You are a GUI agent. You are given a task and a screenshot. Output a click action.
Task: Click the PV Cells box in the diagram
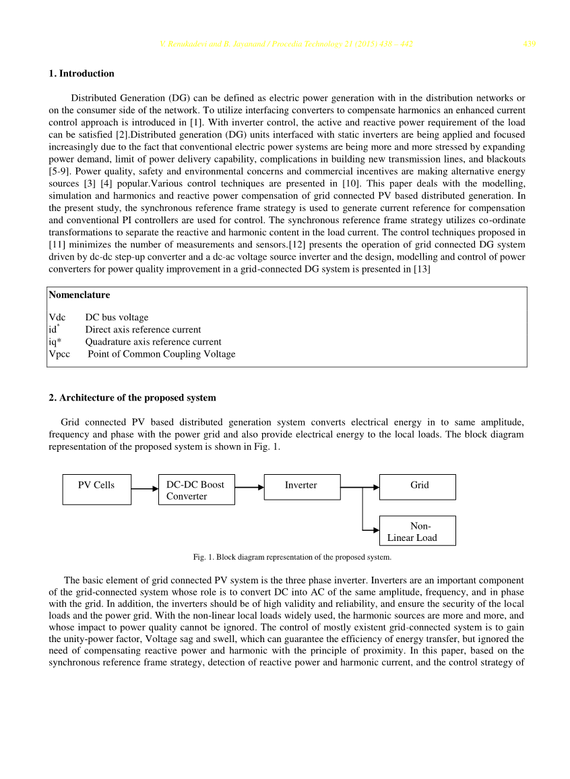[97, 489]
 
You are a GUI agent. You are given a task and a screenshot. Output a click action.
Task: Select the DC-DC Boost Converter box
[196, 490]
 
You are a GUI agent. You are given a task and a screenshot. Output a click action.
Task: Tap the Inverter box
[302, 486]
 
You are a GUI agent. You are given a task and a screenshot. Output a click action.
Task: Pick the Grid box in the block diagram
[418, 486]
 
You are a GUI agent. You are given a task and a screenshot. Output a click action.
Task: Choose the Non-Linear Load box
[418, 531]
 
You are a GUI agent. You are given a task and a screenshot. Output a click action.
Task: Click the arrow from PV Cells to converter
[145, 488]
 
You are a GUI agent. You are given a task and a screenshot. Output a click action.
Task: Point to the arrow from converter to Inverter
[249, 487]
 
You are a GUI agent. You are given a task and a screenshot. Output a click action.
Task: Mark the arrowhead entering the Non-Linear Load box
[376, 531]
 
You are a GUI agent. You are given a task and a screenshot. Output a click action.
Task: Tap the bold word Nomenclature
[80, 295]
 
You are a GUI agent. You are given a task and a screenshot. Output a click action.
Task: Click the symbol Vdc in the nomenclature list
[57, 317]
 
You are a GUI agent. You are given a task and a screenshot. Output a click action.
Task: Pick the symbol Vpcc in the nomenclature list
[59, 354]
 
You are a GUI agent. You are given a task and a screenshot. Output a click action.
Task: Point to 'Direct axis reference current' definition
[143, 330]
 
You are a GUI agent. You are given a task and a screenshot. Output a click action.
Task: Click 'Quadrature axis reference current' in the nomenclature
[153, 342]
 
